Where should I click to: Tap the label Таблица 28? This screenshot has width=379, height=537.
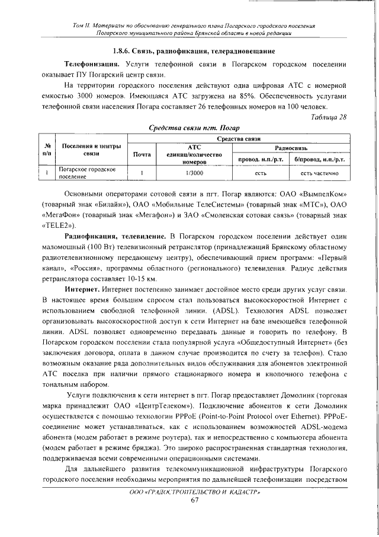[328, 116]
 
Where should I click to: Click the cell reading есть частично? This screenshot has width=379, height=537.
[319, 173]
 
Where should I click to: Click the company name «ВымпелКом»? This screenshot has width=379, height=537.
[323, 193]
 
